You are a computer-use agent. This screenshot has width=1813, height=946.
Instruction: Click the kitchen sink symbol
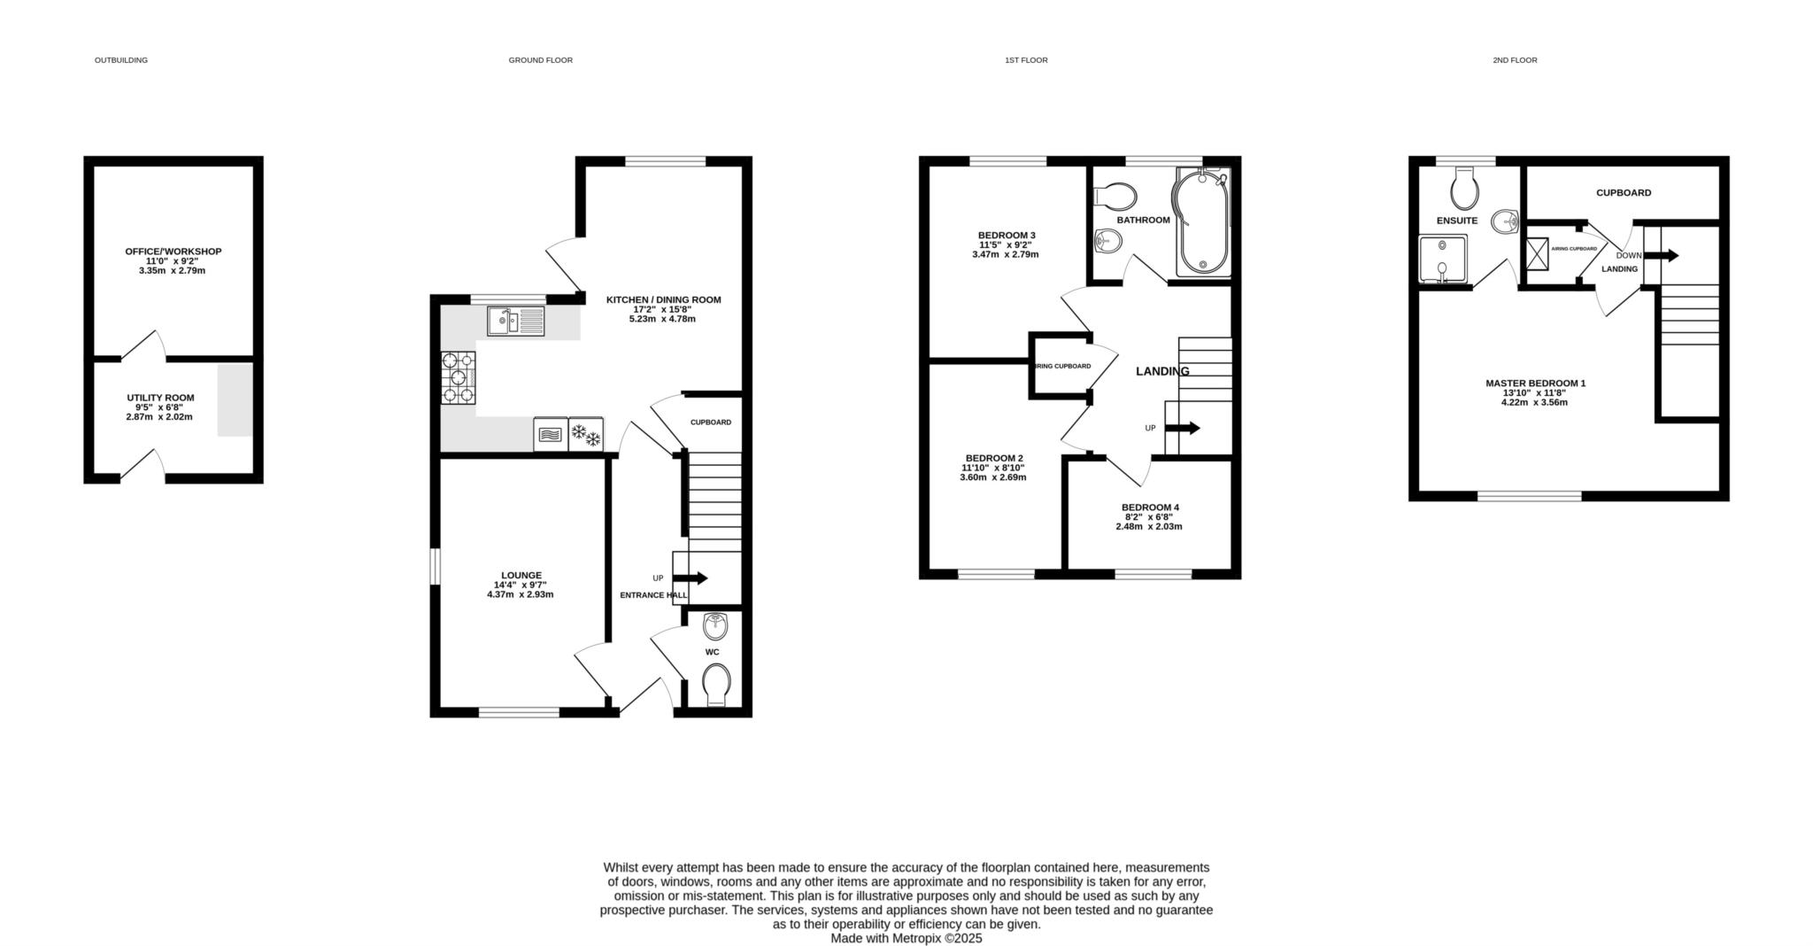pyautogui.click(x=516, y=321)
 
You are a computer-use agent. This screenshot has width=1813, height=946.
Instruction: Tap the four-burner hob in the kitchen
pyautogui.click(x=459, y=378)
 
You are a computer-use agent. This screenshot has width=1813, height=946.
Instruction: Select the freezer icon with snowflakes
pyautogui.click(x=585, y=434)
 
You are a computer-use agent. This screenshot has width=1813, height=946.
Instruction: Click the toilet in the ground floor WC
pyautogui.click(x=716, y=686)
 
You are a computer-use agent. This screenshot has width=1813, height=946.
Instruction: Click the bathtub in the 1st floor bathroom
pyautogui.click(x=1200, y=221)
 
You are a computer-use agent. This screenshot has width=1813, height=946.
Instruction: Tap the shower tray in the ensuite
pyautogui.click(x=1443, y=260)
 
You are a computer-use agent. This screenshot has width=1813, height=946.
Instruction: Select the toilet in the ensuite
pyautogui.click(x=1465, y=187)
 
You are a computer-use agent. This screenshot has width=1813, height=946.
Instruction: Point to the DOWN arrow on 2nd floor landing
pyautogui.click(x=1661, y=256)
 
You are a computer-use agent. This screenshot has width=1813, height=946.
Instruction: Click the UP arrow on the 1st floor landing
pyautogui.click(x=1183, y=428)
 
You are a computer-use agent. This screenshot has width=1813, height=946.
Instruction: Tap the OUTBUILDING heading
pyautogui.click(x=121, y=60)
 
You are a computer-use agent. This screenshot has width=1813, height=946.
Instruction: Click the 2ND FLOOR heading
pyautogui.click(x=1515, y=60)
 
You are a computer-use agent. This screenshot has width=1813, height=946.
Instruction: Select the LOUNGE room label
pyautogui.click(x=521, y=575)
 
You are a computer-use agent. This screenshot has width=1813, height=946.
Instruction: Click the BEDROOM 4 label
pyautogui.click(x=1150, y=508)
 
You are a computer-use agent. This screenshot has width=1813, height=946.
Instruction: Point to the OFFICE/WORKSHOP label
pyautogui.click(x=174, y=252)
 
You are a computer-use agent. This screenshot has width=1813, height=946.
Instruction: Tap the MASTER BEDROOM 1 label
pyautogui.click(x=1535, y=384)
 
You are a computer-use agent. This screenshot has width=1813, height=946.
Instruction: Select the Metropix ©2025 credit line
pyautogui.click(x=906, y=938)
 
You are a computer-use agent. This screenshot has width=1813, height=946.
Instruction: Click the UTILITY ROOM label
pyautogui.click(x=160, y=398)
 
